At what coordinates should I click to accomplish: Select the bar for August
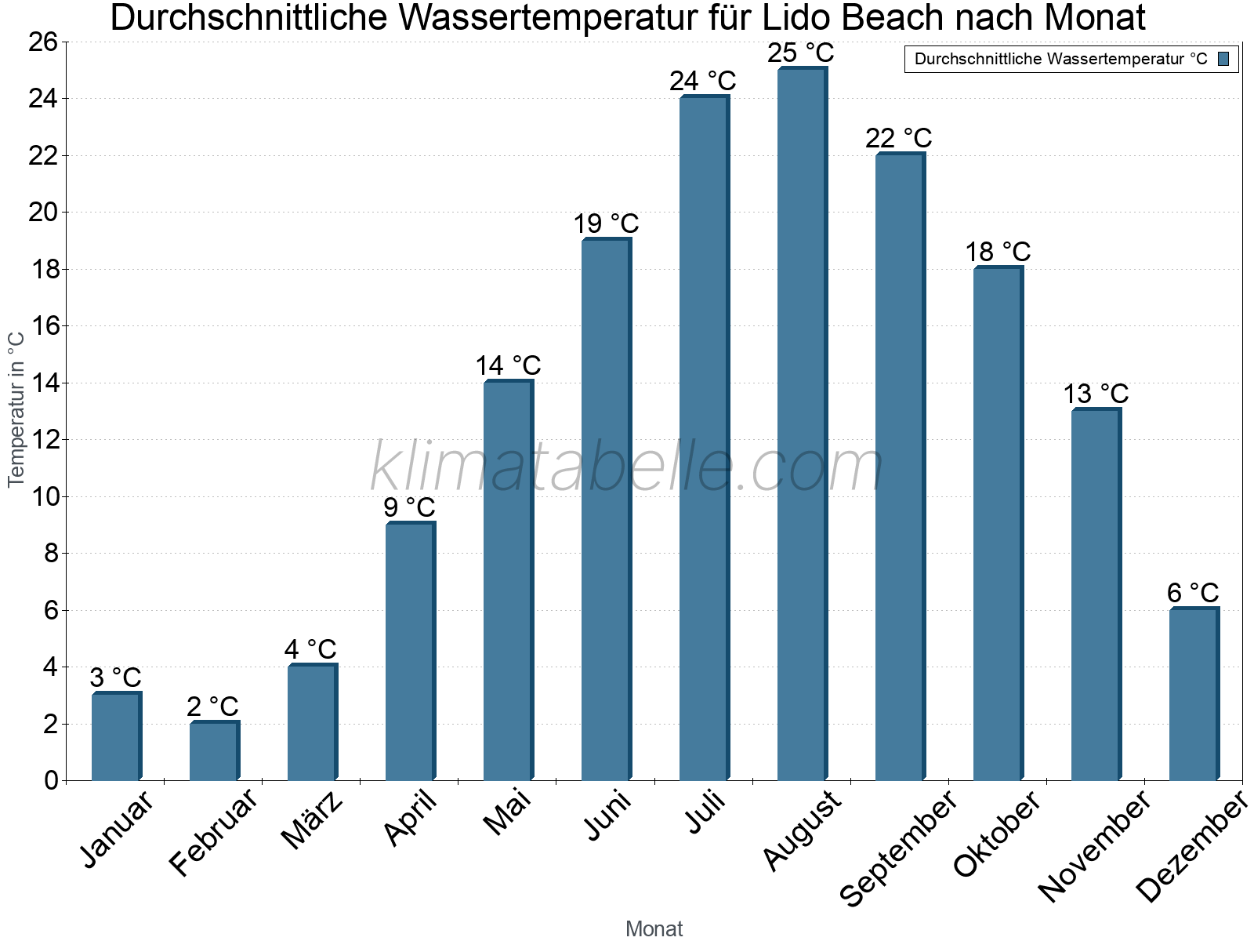pyautogui.click(x=802, y=423)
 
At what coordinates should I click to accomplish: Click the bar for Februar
pyautogui.click(x=214, y=750)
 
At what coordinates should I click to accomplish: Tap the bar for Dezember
pyautogui.click(x=1194, y=694)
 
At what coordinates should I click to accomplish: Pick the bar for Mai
pyautogui.click(x=508, y=580)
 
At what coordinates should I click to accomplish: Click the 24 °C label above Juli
pyautogui.click(x=702, y=81)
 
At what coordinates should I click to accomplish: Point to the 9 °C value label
pyautogui.click(x=409, y=507)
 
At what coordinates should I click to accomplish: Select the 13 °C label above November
pyautogui.click(x=1095, y=394)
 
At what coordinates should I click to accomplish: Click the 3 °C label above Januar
pyautogui.click(x=115, y=678)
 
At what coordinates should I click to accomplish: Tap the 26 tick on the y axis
pyautogui.click(x=43, y=42)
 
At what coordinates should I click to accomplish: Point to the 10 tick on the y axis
pyautogui.click(x=43, y=496)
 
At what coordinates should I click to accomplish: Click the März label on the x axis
pyautogui.click(x=312, y=820)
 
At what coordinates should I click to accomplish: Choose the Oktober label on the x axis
pyautogui.click(x=997, y=834)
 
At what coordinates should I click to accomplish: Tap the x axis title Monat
pyautogui.click(x=654, y=929)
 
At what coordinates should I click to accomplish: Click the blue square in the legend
pyautogui.click(x=1223, y=59)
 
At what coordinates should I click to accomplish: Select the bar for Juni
pyautogui.click(x=606, y=510)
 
